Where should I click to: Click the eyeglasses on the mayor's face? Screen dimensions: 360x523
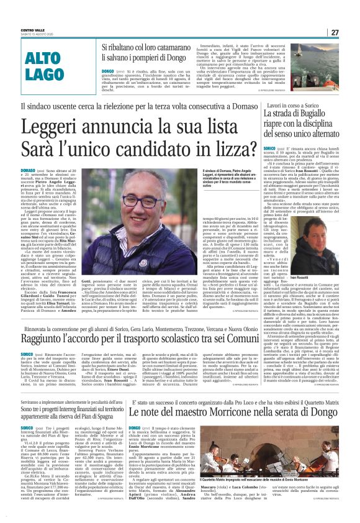(x=146, y=200)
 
